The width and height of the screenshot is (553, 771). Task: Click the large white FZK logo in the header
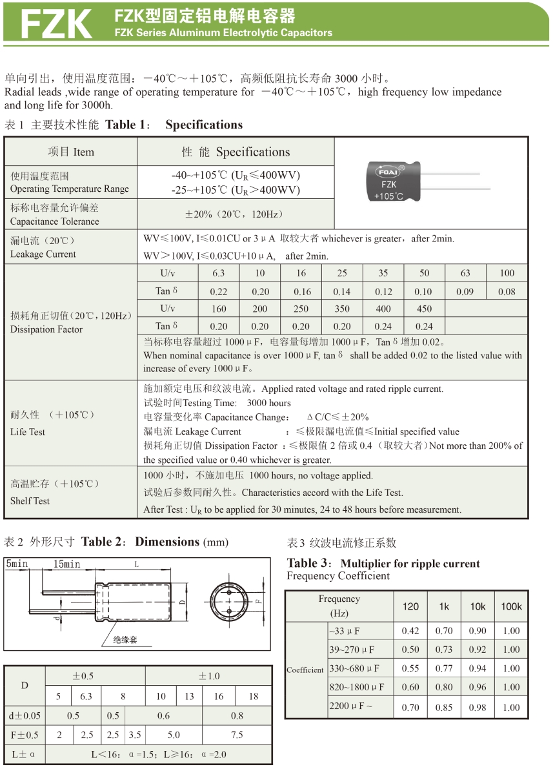pyautogui.click(x=57, y=24)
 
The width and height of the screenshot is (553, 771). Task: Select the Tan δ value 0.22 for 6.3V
pyautogui.click(x=219, y=292)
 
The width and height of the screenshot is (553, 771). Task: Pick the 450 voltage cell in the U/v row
pyautogui.click(x=424, y=309)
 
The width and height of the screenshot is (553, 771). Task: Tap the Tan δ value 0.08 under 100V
pyautogui.click(x=507, y=292)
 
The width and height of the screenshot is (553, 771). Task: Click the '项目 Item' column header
pyautogui.click(x=71, y=152)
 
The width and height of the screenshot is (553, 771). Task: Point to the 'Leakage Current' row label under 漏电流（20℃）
pyautogui.click(x=43, y=254)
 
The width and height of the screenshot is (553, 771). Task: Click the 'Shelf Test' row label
pyautogui.click(x=30, y=500)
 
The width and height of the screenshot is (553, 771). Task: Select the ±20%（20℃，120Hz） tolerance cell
pyautogui.click(x=236, y=214)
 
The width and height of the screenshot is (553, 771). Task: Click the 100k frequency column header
pyautogui.click(x=511, y=606)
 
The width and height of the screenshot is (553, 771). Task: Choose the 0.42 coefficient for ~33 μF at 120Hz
pyautogui.click(x=410, y=631)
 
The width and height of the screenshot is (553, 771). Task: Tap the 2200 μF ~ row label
pyautogui.click(x=351, y=706)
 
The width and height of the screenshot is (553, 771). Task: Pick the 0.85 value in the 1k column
pyautogui.click(x=444, y=707)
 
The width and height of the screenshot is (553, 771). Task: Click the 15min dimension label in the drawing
pyautogui.click(x=67, y=564)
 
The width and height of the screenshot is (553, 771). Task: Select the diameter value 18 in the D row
pyautogui.click(x=253, y=696)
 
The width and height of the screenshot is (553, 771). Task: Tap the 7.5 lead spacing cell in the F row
pyautogui.click(x=237, y=735)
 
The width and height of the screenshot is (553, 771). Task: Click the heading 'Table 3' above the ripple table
pyautogui.click(x=311, y=563)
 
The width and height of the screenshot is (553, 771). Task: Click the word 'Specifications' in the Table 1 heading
pyautogui.click(x=204, y=125)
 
